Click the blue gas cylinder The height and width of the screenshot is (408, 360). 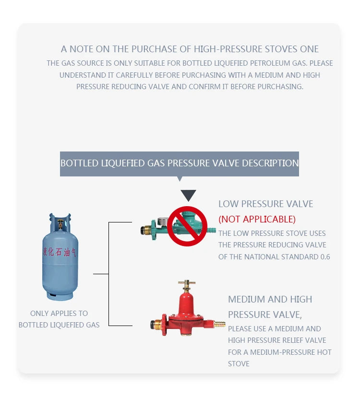[x=60, y=259]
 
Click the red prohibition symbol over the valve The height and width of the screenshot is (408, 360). [x=187, y=226]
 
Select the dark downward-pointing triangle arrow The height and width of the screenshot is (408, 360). [x=188, y=195]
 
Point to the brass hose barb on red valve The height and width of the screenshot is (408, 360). [x=219, y=325]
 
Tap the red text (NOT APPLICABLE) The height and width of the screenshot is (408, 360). [x=257, y=219]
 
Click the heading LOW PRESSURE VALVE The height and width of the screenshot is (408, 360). [x=265, y=204]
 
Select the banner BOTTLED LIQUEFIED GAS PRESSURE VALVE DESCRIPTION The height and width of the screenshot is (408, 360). [x=180, y=163]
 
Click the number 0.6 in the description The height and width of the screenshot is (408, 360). [x=325, y=256]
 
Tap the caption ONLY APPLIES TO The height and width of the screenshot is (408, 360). [x=59, y=313]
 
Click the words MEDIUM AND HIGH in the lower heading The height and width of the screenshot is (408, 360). [x=270, y=299]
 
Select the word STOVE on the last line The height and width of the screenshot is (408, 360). [x=239, y=363]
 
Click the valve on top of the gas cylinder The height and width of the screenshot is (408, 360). [x=60, y=222]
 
